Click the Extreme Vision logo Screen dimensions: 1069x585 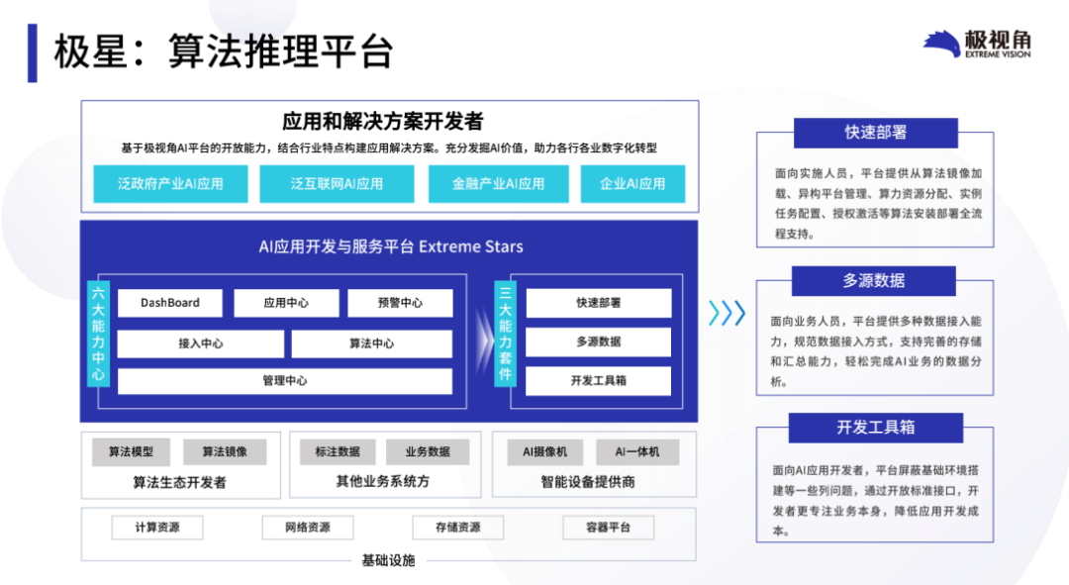pos(976,45)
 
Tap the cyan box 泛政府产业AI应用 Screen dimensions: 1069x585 pos(170,183)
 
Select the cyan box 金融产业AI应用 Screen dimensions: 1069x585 pos(498,183)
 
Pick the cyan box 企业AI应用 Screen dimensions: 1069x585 pos(632,183)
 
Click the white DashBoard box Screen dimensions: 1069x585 pos(170,303)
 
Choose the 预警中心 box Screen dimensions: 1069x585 pos(400,303)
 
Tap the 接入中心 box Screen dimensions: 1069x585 pos(200,343)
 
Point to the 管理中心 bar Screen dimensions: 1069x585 pos(285,381)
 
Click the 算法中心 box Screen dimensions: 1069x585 pos(371,343)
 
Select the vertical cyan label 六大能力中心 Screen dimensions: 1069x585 pos(98,334)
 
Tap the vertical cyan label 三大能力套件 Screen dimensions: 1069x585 pos(505,334)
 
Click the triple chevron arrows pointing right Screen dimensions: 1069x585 pos(727,314)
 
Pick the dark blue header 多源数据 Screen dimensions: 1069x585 pos(873,281)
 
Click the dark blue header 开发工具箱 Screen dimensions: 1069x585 pos(876,428)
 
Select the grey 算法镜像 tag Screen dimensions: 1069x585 pos(225,452)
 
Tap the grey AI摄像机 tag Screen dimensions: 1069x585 pos(544,452)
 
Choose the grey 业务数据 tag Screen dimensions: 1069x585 pos(428,452)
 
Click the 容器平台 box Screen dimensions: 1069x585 pos(608,528)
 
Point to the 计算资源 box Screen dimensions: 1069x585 pos(157,528)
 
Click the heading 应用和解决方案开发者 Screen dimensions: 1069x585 pos(382,122)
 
